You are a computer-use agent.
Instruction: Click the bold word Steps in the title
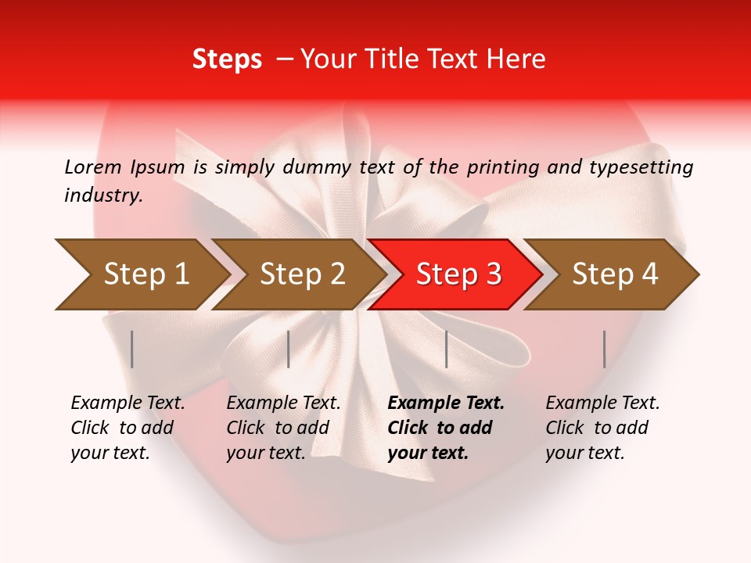coord(227,59)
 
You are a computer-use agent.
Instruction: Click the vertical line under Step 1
coord(132,349)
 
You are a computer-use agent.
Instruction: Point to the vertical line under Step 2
coord(289,349)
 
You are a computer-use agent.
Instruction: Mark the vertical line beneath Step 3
coord(446,349)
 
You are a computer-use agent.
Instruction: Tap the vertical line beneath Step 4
coord(604,349)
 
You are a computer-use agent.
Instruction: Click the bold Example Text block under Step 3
coord(446,428)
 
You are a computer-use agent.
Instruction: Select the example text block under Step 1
coord(128,428)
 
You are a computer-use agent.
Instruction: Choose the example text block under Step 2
coord(283,428)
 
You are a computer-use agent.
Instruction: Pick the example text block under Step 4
coord(602,428)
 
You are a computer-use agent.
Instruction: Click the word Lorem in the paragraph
coord(92,167)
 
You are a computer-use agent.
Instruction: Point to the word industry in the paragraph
coord(103,195)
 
